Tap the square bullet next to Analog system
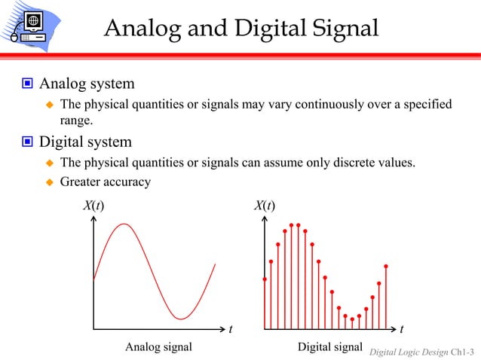point(26,83)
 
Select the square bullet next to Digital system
point(26,142)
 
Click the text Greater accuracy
point(106,182)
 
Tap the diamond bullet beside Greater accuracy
point(50,182)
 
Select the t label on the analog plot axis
point(231,329)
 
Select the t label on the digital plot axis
point(401,329)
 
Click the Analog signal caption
point(158,347)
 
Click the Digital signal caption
point(330,347)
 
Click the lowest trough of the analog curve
point(180,319)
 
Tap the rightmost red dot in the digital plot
point(385,266)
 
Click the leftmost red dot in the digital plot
point(265,279)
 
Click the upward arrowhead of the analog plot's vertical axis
point(94,221)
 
